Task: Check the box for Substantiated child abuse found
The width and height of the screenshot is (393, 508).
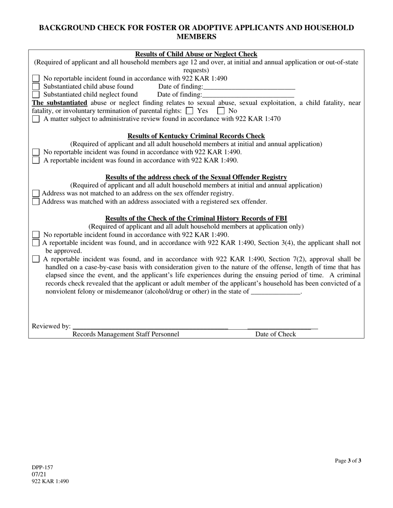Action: pyautogui.click(x=36, y=86)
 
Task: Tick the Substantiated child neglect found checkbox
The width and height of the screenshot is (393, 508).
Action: pyautogui.click(x=36, y=95)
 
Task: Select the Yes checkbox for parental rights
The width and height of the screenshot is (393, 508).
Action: pyautogui.click(x=189, y=111)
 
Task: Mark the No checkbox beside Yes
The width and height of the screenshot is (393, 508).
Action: pyautogui.click(x=221, y=111)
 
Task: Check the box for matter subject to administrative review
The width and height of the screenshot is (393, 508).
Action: pyautogui.click(x=36, y=119)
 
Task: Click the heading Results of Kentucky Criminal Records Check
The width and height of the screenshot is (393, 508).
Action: pyautogui.click(x=196, y=136)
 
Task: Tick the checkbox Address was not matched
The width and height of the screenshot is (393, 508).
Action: pyautogui.click(x=36, y=193)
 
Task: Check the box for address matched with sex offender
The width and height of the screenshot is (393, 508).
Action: pyautogui.click(x=36, y=202)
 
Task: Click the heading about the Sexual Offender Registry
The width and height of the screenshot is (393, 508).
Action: pyautogui.click(x=196, y=177)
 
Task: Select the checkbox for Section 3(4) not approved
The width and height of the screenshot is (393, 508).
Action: pyautogui.click(x=36, y=243)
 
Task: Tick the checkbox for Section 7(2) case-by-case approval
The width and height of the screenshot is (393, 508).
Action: pyautogui.click(x=36, y=259)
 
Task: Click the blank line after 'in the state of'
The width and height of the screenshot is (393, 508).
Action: pyautogui.click(x=276, y=292)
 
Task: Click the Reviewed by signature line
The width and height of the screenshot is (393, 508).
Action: pyautogui.click(x=150, y=327)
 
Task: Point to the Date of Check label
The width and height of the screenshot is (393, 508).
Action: pyautogui.click(x=276, y=334)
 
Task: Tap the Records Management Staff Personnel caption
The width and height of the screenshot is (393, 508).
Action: pyautogui.click(x=126, y=334)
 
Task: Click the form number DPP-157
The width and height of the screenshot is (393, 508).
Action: pyautogui.click(x=42, y=467)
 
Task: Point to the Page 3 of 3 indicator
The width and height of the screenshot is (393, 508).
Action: pyautogui.click(x=348, y=461)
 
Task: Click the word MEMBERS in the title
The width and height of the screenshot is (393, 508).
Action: pyautogui.click(x=196, y=37)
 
